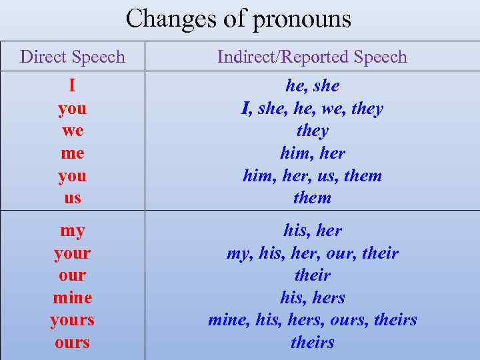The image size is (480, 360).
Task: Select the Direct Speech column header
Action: [73, 57]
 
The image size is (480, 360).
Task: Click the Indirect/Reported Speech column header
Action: [312, 57]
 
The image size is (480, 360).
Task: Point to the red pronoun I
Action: [72, 86]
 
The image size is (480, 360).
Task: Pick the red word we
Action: [72, 131]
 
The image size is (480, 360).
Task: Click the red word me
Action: [72, 153]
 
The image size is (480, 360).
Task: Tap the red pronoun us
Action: [72, 198]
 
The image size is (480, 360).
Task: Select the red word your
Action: [72, 253]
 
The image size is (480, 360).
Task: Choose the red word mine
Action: [72, 297]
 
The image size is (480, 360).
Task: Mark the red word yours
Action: [72, 320]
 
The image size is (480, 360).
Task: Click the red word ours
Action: [72, 343]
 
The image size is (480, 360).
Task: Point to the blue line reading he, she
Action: [312, 86]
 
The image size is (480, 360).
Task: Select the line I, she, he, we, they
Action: [312, 109]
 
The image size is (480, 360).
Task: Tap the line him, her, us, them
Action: [312, 176]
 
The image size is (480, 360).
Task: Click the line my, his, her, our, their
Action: [312, 253]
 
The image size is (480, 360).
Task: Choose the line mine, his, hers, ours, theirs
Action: [312, 320]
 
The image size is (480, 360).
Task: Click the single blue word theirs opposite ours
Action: [312, 343]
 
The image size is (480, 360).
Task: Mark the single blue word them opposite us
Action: [312, 198]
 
